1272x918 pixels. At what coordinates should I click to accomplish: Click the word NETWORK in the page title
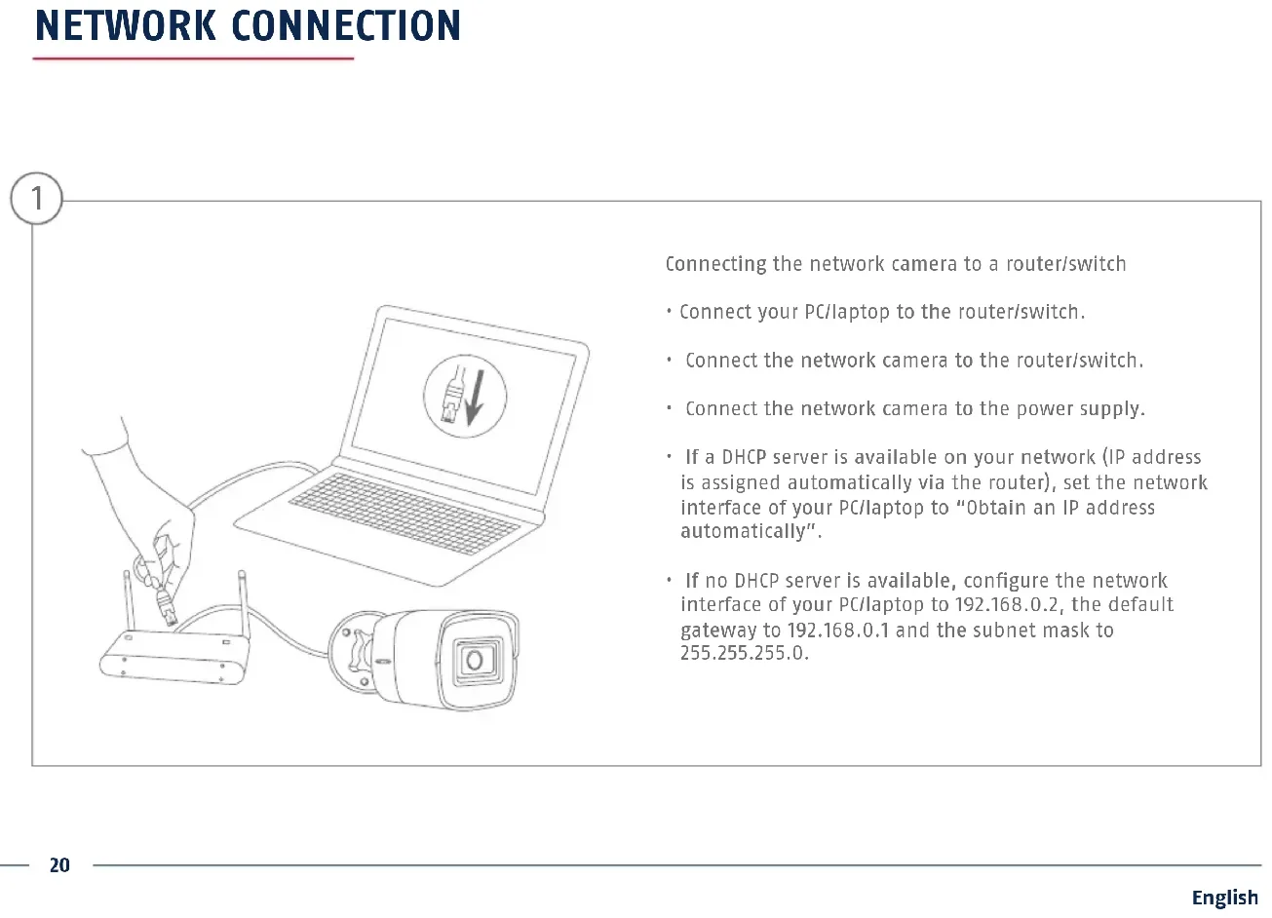point(125,26)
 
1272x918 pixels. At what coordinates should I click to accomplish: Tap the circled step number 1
point(36,199)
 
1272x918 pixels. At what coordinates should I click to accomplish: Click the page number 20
point(59,865)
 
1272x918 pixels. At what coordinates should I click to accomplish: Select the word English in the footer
point(1224,898)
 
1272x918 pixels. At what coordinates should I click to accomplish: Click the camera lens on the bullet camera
point(475,661)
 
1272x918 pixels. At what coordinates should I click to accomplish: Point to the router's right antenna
point(243,604)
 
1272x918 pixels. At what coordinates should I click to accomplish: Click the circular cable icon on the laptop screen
point(465,397)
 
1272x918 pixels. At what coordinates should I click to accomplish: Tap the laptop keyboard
point(405,512)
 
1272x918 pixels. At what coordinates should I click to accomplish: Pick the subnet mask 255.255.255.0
point(744,653)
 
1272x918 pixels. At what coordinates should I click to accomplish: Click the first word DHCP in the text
point(744,457)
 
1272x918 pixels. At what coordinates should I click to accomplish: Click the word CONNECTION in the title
point(346,26)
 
